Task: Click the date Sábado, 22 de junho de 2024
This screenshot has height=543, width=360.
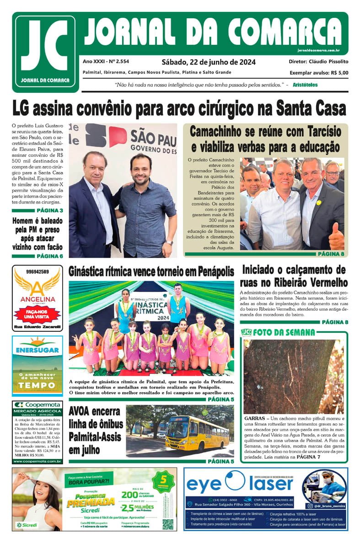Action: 208,62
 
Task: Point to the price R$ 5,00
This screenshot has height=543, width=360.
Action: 339,72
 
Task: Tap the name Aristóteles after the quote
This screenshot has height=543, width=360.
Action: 305,85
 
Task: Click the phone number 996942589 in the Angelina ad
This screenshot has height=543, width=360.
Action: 38,272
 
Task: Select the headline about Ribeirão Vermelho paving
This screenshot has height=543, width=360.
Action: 294,276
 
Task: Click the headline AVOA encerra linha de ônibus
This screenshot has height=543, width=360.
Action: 95,431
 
